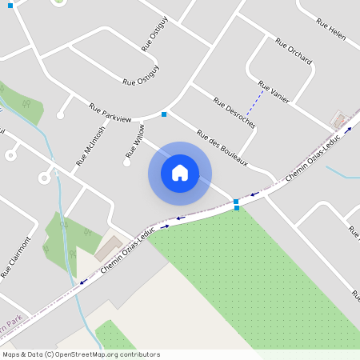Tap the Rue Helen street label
pos(330,29)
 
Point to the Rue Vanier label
pos(273,91)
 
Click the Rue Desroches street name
pos(234,112)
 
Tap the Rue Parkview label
pos(110,113)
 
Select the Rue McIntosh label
pos(90,146)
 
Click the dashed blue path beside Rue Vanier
pos(255,104)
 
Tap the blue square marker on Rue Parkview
pos(164,114)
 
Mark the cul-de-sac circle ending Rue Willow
pos(126,162)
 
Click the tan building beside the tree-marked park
pos(109,249)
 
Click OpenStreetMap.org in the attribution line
pos(86,354)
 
